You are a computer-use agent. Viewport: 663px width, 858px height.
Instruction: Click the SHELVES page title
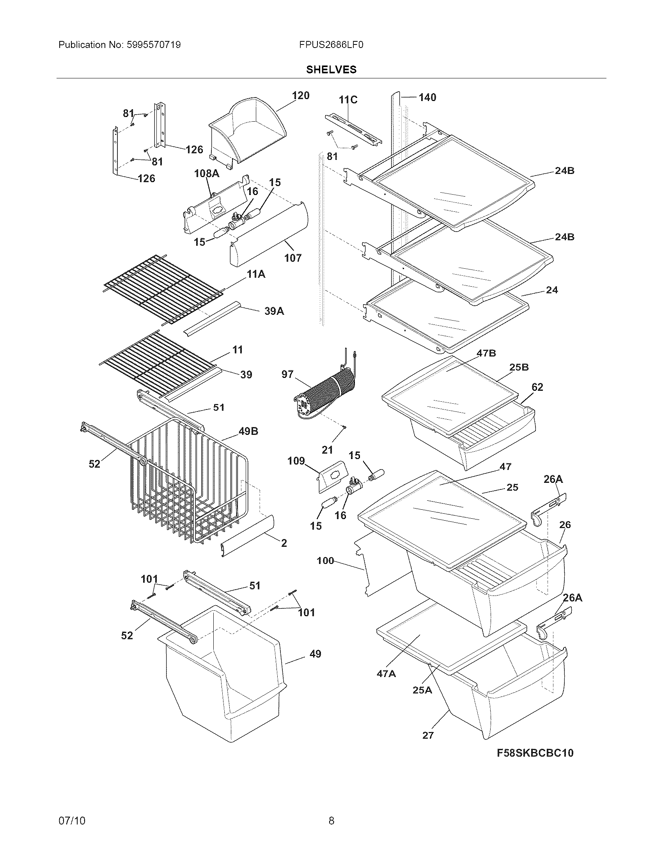(331, 69)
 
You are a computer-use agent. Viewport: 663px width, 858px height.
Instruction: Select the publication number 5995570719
(154, 45)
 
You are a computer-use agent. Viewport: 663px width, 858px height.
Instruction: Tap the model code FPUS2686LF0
(331, 45)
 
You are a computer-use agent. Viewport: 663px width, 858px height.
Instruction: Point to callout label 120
(300, 96)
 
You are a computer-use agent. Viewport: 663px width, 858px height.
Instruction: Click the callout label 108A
(207, 173)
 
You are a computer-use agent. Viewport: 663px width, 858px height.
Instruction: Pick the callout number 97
(287, 374)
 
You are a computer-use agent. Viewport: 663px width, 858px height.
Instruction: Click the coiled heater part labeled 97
(326, 391)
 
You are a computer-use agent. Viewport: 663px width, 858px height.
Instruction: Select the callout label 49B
(248, 431)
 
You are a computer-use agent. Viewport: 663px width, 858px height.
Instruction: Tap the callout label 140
(427, 97)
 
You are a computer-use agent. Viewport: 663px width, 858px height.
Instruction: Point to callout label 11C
(348, 100)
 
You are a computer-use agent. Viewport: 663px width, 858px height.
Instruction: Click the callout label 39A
(274, 311)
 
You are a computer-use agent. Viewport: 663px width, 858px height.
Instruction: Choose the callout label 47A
(386, 674)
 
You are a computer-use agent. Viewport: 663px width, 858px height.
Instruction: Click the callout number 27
(428, 735)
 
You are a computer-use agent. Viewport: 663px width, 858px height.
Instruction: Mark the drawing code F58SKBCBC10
(535, 753)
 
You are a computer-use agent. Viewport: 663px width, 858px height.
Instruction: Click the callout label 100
(325, 560)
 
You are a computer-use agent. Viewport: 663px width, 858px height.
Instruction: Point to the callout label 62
(537, 387)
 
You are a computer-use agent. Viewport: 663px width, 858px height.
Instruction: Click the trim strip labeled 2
(247, 536)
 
